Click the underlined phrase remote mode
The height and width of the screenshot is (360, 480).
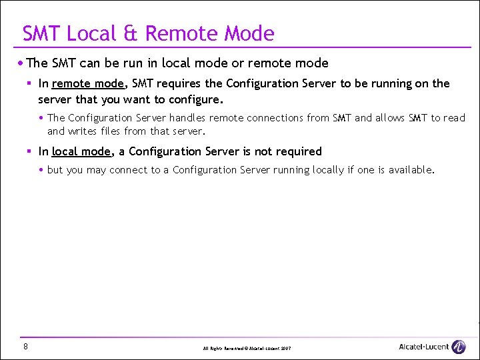point(87,83)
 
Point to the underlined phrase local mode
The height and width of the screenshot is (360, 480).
point(81,151)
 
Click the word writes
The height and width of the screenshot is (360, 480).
point(81,131)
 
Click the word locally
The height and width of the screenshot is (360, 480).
point(326,170)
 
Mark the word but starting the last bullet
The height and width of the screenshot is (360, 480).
point(55,170)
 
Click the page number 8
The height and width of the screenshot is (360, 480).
point(25,346)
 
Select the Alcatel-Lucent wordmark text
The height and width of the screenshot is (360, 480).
point(423,347)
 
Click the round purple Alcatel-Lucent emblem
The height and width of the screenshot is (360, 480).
point(459,347)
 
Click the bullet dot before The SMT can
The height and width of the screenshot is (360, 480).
point(21,63)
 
